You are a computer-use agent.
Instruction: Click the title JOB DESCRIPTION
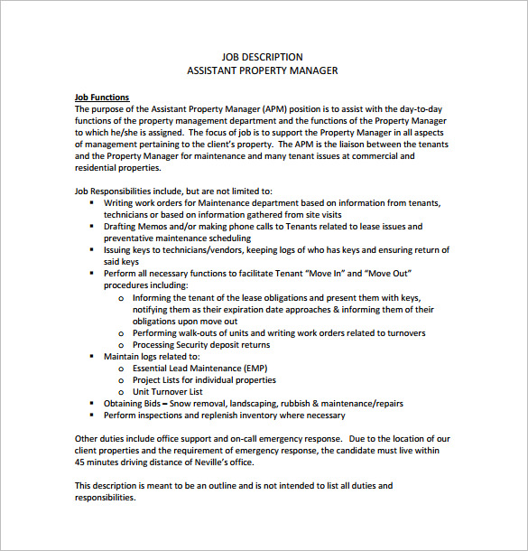262,57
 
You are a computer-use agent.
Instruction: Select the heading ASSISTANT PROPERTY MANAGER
262,70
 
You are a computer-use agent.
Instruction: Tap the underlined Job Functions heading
101,97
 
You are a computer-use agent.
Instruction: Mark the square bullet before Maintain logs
93,357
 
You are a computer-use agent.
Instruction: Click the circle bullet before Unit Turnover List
122,392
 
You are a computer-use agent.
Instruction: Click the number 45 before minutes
80,462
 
